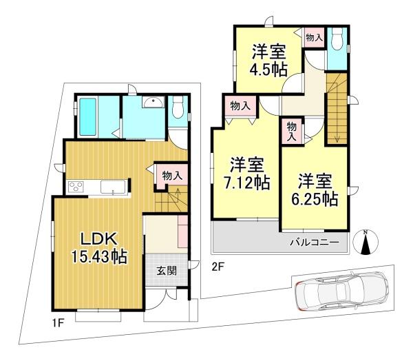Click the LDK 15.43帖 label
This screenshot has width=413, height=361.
pos(100,248)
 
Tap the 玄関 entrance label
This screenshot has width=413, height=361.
pos(167,271)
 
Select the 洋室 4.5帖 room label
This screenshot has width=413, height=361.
pos(268,61)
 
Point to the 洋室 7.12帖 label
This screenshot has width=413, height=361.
pos(247,174)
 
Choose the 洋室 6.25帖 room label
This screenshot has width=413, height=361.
pos(315,190)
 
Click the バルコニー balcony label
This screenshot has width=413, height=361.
pos(315,243)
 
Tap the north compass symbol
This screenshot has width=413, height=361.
pos(366,243)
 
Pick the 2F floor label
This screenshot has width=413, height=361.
pos(218,267)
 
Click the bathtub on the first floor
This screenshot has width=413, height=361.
pos(87,117)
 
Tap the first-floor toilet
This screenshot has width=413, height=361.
pos(178,107)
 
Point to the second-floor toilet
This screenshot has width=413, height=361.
pos(337,39)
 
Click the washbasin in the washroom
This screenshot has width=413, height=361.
pos(153,102)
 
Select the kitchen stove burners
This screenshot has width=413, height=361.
pos(76,187)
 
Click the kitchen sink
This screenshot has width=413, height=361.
pos(113,187)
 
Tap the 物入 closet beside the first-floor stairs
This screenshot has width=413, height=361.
pos(172,176)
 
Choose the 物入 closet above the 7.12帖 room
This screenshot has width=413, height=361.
pos(240,106)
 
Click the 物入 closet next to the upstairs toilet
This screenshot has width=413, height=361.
pos(315,37)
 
